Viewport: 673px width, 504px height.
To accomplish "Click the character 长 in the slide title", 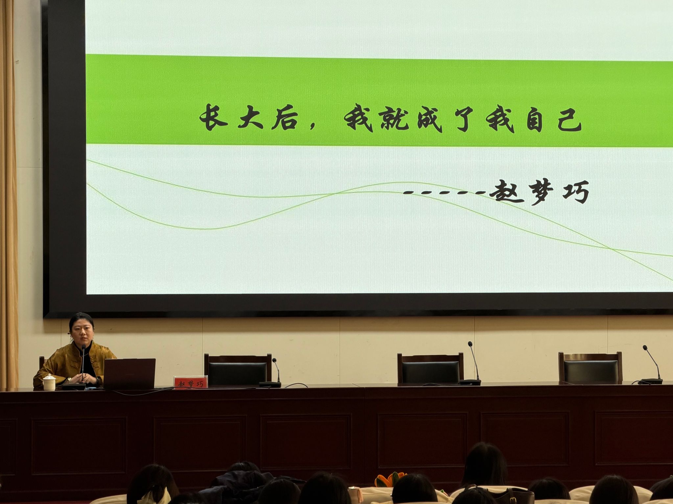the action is tap(214, 117).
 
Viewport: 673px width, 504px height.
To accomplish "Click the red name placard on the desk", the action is tap(191, 382).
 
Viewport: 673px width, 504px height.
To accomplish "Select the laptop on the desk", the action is tap(129, 373).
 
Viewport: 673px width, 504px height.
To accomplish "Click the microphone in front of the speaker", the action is tap(83, 364).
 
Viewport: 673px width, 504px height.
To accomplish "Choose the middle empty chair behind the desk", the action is tap(430, 368).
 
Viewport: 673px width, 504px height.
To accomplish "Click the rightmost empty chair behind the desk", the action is tap(591, 367).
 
